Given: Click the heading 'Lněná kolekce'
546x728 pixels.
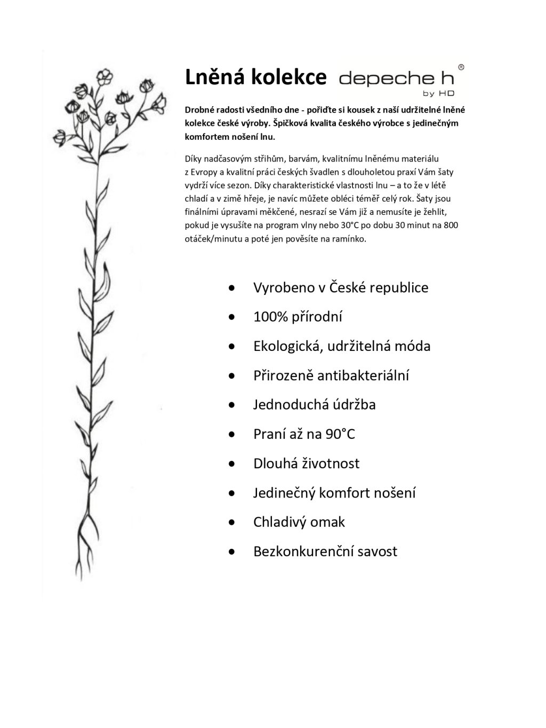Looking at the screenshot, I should coord(255,78).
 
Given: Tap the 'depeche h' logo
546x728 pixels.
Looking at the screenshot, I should coord(396,79).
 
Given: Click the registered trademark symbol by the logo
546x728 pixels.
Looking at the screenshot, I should coord(461,68).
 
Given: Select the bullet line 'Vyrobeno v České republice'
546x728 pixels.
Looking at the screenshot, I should coord(340,287).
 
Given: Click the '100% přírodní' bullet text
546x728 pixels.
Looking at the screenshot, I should coord(298,317).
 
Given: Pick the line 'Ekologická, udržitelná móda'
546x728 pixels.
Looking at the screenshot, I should coord(341,346).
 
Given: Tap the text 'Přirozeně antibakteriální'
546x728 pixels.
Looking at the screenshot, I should coord(331,375).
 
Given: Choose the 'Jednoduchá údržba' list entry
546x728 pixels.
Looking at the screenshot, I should coord(314,405).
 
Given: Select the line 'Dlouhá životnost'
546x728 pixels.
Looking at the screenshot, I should coord(306,463).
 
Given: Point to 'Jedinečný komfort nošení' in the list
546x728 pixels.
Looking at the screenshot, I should coord(334,493).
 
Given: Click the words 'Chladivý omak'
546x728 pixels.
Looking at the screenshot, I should coord(299,522).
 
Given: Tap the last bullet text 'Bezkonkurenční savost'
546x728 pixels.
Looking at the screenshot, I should coord(325,551).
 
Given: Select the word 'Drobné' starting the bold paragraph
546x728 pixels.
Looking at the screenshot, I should coord(198,110).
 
